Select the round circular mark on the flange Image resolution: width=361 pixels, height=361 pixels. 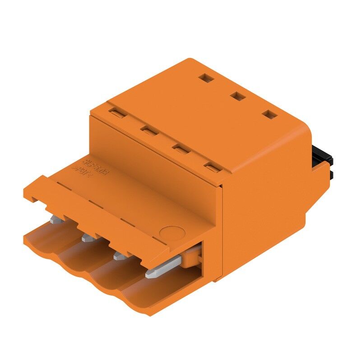(172, 233)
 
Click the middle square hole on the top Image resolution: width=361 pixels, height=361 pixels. (236, 96)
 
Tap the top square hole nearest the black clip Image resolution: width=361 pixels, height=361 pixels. (270, 115)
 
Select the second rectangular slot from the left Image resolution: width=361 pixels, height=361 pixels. (148, 131)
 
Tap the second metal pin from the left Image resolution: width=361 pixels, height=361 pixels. (88, 237)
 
